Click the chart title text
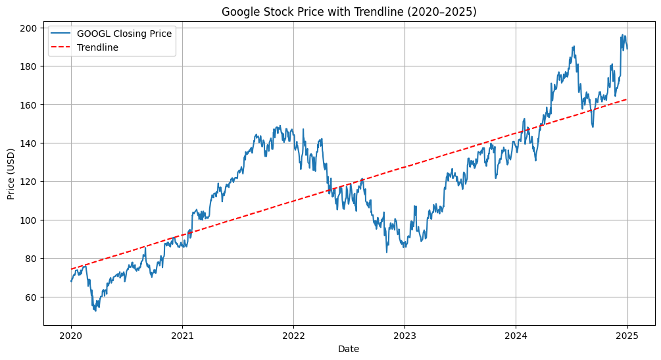349,12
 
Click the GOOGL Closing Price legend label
124,34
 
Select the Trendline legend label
97,47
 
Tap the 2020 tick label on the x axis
71,335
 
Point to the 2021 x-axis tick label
182,335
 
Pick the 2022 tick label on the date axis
293,335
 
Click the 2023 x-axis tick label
404,335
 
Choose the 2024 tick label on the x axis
516,335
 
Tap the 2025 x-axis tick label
627,335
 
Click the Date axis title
349,348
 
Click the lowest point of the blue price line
96,311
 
